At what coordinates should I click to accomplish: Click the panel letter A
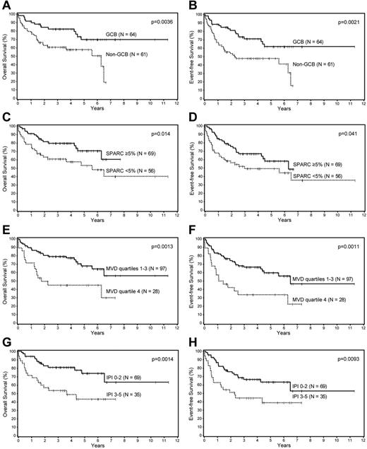click(6, 5)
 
